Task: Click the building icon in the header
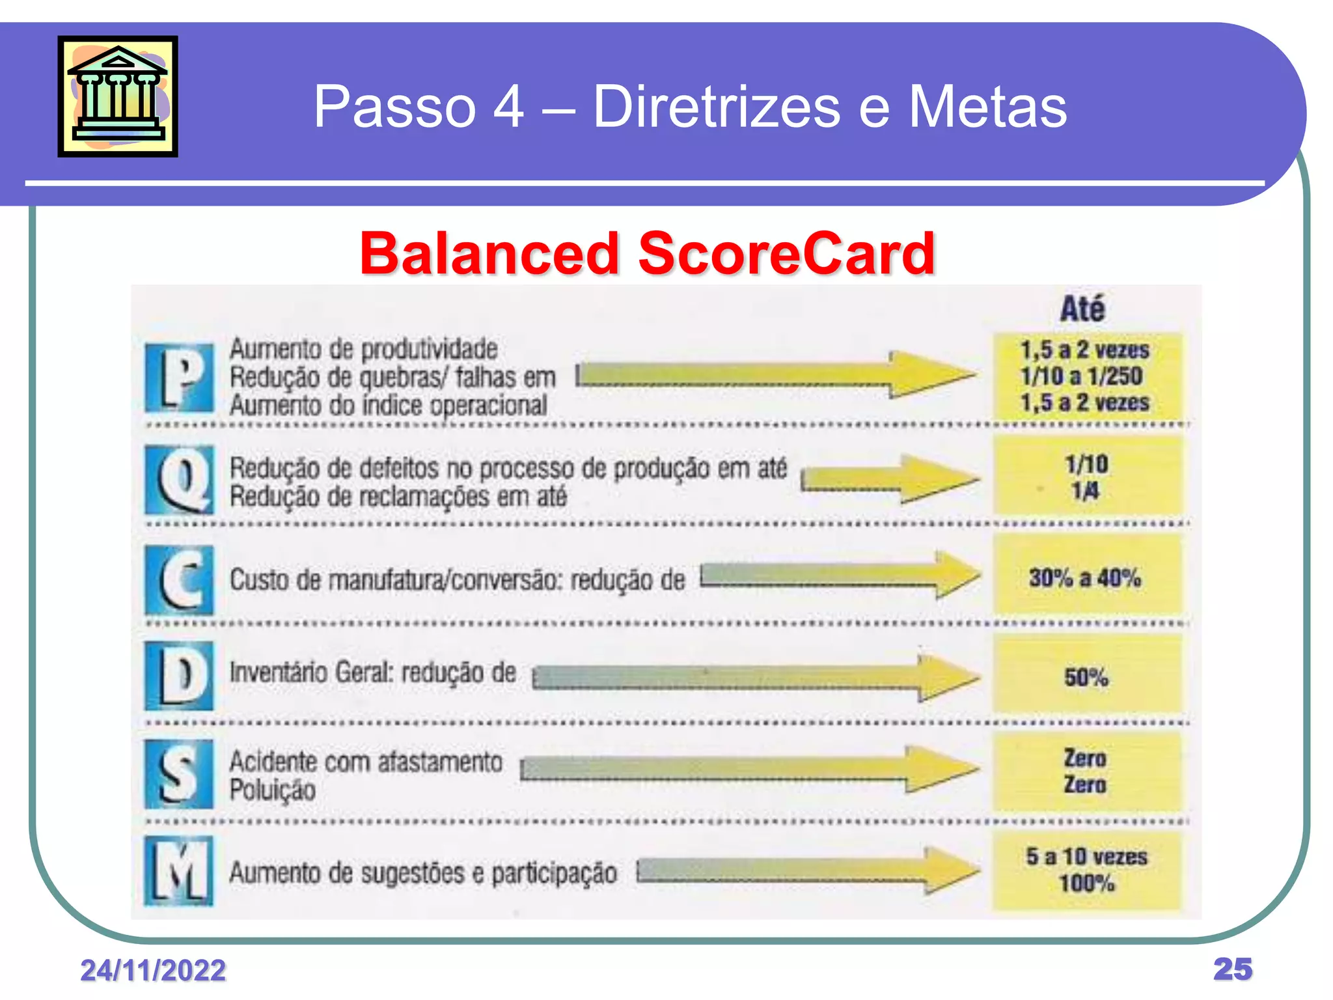118,96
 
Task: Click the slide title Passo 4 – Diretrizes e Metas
690,106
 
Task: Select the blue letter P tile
179,378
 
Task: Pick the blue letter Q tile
179,479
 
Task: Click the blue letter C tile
179,579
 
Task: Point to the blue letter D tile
179,675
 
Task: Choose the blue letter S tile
179,774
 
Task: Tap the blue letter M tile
179,871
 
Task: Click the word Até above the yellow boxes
1082,309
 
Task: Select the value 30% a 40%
1085,577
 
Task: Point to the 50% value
1086,677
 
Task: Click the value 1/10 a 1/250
1081,376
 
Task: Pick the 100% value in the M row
1086,883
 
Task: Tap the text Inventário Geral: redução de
372,673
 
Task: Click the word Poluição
273,790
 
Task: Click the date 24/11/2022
153,970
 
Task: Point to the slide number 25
1233,969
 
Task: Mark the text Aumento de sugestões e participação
423,873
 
